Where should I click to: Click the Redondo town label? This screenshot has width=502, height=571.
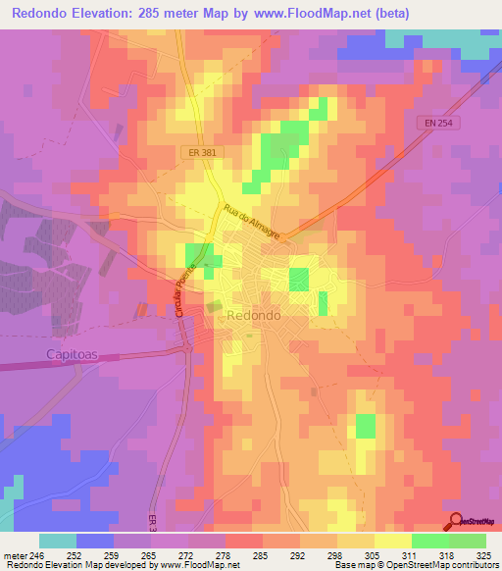[x=253, y=316]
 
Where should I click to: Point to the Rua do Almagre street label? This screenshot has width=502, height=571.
[x=251, y=222]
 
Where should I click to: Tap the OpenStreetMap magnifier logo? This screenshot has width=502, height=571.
[x=457, y=522]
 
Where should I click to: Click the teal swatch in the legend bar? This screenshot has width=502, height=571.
[x=58, y=541]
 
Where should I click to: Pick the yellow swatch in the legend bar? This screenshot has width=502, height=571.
[x=393, y=541]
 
